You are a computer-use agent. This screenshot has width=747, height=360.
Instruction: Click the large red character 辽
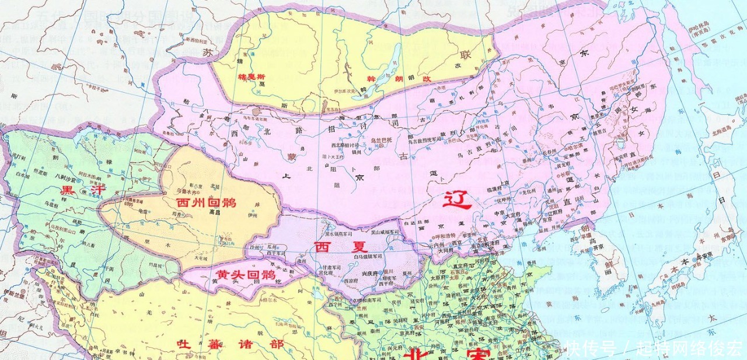click(x=457, y=201)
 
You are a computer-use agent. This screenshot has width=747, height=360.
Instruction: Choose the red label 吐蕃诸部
click(x=230, y=344)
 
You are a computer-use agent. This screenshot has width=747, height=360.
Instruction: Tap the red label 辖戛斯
click(x=252, y=76)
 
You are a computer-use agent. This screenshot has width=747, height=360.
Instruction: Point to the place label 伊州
click(x=252, y=216)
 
